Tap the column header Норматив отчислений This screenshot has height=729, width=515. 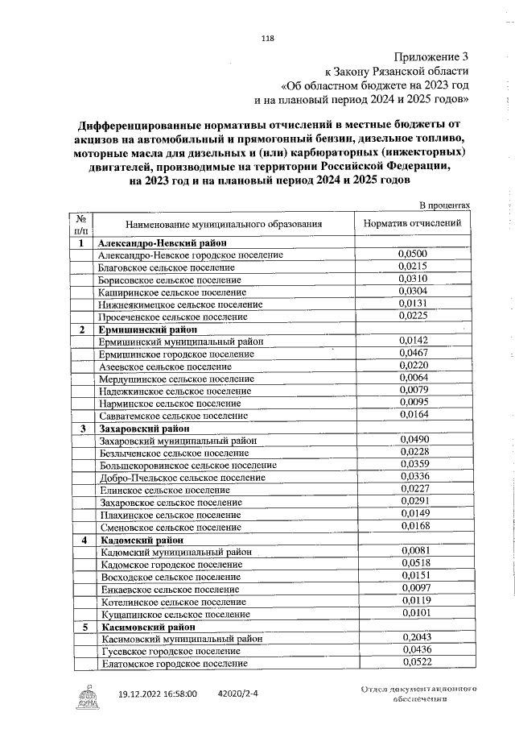pos(412,223)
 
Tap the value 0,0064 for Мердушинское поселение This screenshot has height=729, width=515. pos(412,377)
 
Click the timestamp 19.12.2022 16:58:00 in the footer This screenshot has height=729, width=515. pos(157,693)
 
